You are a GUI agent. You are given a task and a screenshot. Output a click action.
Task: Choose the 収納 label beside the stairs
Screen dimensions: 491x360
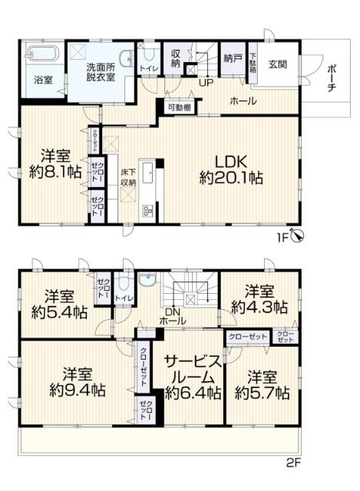click(176, 58)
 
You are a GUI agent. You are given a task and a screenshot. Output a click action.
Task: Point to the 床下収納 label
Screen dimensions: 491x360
click(127, 177)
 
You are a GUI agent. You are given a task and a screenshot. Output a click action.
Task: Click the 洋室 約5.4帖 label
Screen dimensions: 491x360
click(58, 304)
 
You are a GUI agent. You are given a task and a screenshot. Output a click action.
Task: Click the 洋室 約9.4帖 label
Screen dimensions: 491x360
click(78, 382)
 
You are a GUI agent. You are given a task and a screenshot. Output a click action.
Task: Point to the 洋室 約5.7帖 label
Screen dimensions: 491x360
click(262, 384)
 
